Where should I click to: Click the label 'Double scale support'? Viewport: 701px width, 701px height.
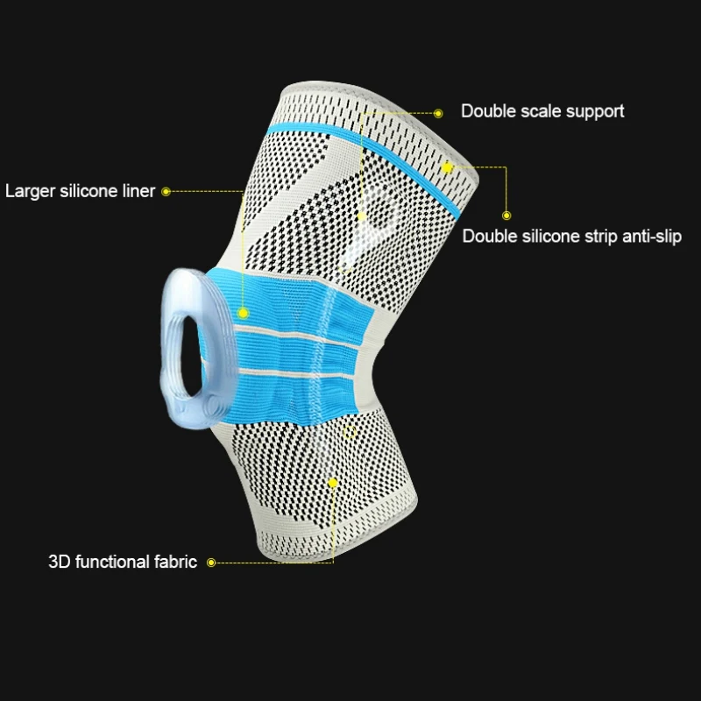(542, 111)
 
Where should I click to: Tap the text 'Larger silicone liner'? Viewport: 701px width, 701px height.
(80, 191)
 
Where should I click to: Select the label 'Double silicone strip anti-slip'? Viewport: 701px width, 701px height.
(572, 236)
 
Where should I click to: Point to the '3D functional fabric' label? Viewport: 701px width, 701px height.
(123, 562)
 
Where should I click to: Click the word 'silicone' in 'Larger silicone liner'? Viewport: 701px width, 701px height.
(89, 191)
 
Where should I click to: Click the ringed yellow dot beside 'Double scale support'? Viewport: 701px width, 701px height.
(438, 114)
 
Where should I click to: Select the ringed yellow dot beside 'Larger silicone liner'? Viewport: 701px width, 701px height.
(166, 192)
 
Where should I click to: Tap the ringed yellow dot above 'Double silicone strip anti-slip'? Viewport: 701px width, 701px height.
(506, 216)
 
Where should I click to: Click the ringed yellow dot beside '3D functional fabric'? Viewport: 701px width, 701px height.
(211, 563)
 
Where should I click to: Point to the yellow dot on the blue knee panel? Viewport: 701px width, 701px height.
(243, 313)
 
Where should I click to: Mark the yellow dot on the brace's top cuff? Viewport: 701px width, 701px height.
(447, 167)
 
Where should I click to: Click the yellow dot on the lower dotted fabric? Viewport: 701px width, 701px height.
(333, 483)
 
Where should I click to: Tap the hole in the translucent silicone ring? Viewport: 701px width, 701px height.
(191, 357)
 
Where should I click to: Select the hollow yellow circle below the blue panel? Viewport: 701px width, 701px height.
(349, 432)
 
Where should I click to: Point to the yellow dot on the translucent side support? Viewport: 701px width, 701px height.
(361, 216)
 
